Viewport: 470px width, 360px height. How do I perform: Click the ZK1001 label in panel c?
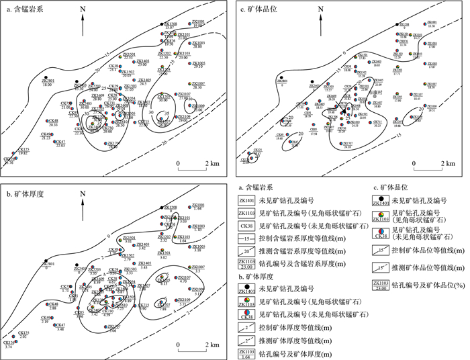[x=430, y=22]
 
